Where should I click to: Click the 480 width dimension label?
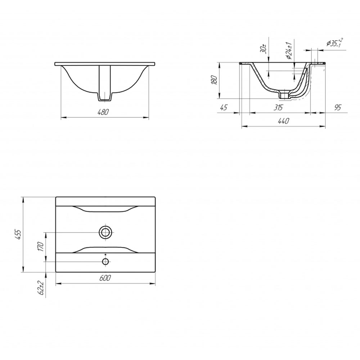tap(103, 112)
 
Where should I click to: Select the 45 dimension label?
tap(224, 107)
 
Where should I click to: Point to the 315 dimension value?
tap(278, 107)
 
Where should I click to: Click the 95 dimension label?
tap(338, 107)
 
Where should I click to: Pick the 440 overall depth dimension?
tap(284, 121)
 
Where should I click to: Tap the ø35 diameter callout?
tap(335, 43)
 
